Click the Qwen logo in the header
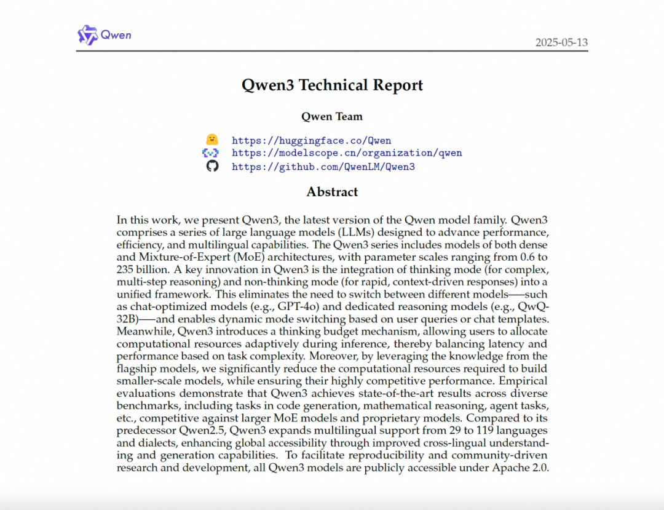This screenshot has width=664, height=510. point(104,34)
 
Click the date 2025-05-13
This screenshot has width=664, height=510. point(561,42)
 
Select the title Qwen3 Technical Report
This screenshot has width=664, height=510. point(332,85)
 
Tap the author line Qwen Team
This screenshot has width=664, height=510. point(332,116)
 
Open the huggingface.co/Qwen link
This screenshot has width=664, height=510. point(311,140)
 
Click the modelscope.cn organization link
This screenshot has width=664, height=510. point(347,153)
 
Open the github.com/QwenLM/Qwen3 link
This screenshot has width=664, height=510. point(323,166)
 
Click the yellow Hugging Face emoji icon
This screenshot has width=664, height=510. point(212,140)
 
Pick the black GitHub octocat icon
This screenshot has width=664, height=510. point(212,166)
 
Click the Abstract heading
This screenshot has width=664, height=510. point(332,192)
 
